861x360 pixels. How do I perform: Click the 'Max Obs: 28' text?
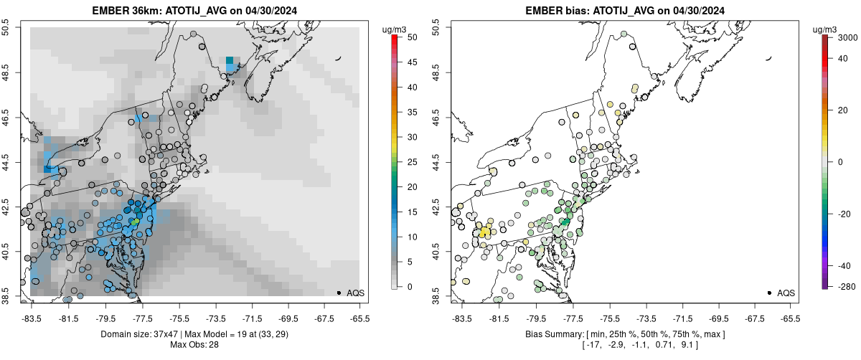tap(194, 345)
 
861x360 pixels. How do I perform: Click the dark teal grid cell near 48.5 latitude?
tap(230, 61)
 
